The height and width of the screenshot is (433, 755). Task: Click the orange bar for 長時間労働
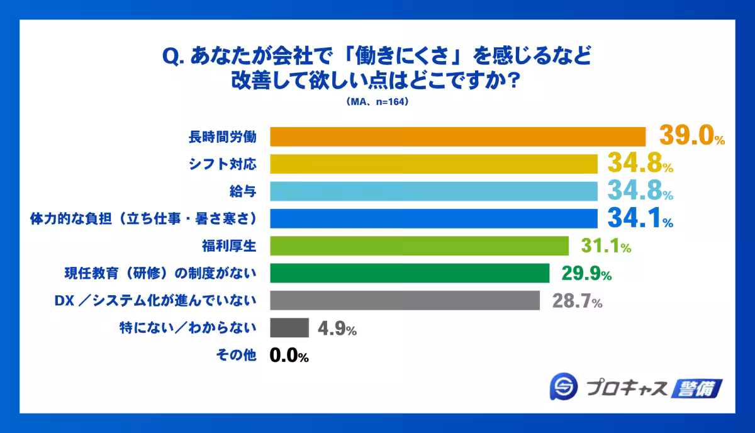click(458, 137)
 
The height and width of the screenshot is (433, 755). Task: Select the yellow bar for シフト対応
click(433, 164)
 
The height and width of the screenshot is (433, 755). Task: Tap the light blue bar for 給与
click(433, 191)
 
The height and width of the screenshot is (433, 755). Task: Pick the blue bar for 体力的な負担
click(433, 218)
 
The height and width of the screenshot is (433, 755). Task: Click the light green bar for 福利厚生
click(419, 245)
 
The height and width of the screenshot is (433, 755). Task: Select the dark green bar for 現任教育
click(410, 273)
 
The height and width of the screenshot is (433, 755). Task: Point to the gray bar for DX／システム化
click(405, 300)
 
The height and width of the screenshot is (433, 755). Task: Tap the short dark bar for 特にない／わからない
click(289, 328)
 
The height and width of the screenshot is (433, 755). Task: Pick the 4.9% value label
click(336, 329)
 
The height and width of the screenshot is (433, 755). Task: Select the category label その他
click(236, 356)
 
